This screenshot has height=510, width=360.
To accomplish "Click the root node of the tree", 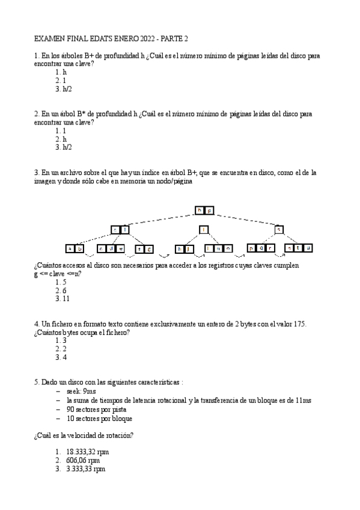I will pos(204,210).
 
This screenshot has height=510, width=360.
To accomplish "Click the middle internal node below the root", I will pos(204,229).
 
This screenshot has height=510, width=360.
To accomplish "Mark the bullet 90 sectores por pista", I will pos(99,409).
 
